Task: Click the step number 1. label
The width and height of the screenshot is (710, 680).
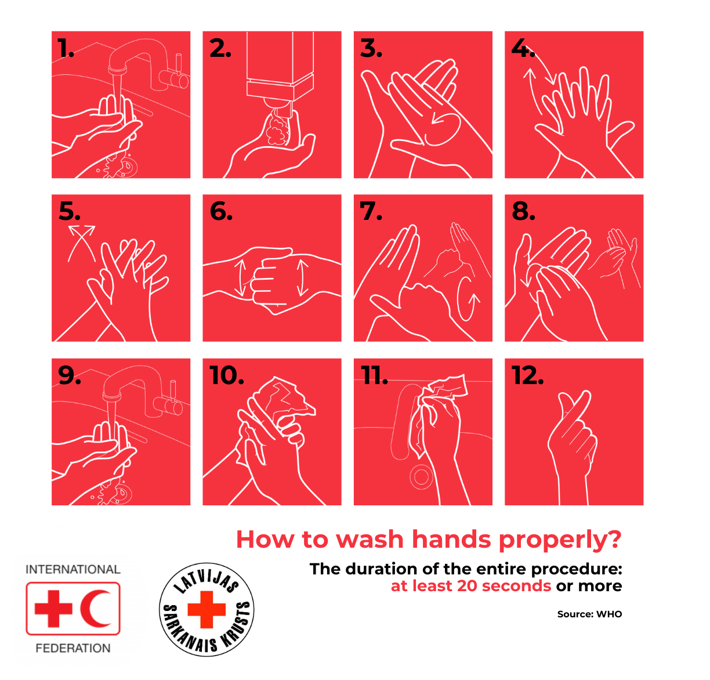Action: (66, 48)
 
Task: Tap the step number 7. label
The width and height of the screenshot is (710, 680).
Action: (371, 211)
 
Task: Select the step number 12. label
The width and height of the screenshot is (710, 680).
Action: (527, 375)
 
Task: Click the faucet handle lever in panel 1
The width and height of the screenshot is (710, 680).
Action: (179, 64)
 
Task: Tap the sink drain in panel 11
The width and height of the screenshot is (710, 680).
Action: (421, 476)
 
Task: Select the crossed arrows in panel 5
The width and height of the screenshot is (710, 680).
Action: (82, 243)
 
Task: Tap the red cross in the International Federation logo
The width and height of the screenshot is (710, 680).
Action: (53, 609)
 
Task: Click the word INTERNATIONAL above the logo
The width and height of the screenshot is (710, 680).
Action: (73, 569)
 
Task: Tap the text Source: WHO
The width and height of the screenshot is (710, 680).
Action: (589, 614)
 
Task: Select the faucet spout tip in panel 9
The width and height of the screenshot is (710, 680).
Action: (111, 396)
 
